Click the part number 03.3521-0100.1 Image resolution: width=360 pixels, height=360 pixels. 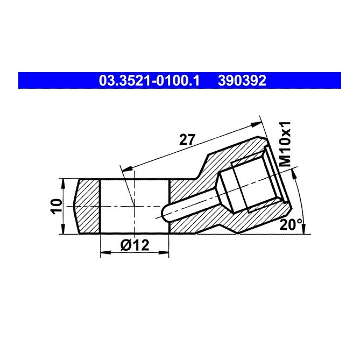click(x=149, y=81)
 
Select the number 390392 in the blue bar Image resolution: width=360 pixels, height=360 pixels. click(x=242, y=81)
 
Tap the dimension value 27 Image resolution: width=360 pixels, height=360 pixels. click(x=186, y=140)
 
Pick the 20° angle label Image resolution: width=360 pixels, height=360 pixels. click(x=291, y=225)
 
